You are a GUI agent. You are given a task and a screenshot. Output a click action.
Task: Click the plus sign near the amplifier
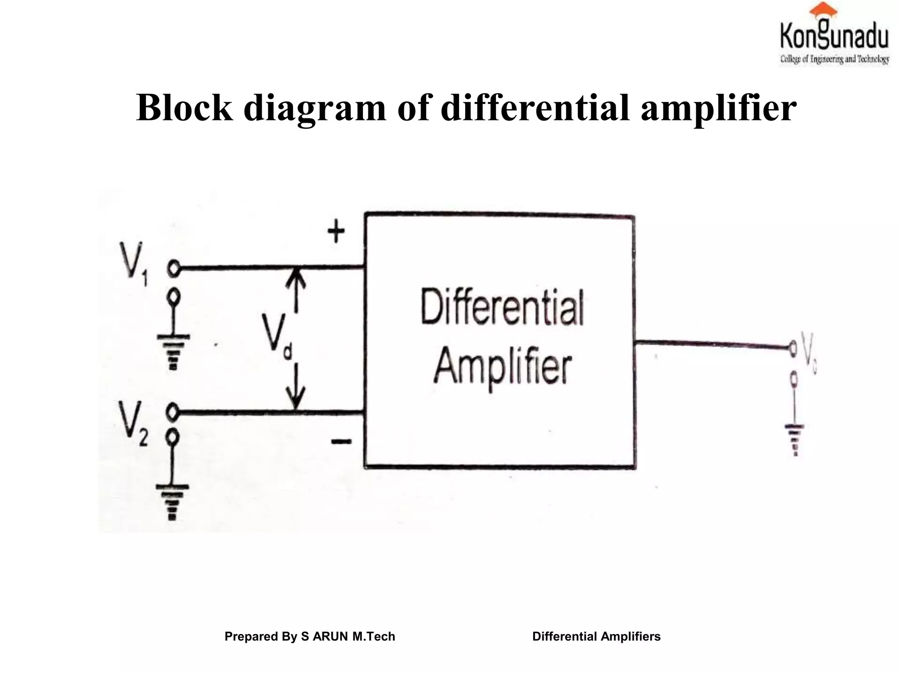coord(336,232)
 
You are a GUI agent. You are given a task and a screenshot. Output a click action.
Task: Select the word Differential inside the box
coord(502,307)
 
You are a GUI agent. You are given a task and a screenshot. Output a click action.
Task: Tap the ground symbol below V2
coord(172,501)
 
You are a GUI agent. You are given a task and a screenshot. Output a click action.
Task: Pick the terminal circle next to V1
coord(174,268)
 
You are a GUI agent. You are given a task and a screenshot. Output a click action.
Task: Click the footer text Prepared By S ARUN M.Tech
coord(310,636)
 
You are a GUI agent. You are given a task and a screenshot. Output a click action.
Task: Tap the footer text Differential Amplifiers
coord(596,636)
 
